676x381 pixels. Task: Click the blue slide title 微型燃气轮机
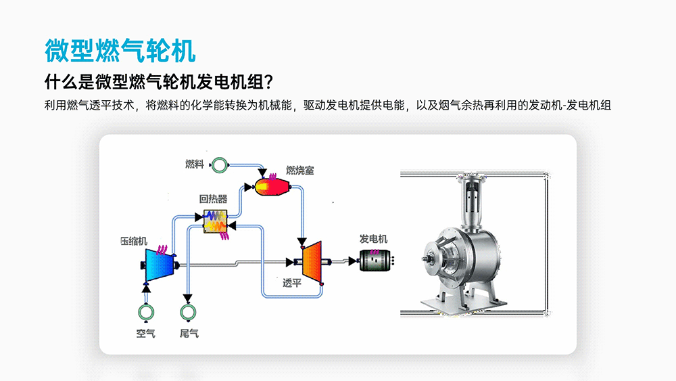(x=120, y=51)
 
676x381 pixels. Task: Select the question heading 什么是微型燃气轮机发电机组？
(x=158, y=82)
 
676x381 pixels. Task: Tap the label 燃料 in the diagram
(x=195, y=164)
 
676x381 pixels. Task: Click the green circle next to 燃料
(x=220, y=164)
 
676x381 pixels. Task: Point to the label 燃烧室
(x=299, y=171)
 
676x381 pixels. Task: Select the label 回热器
(x=213, y=199)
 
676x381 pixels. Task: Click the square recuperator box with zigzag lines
(x=216, y=222)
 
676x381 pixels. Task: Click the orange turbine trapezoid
(x=312, y=261)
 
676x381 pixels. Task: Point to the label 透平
(x=292, y=283)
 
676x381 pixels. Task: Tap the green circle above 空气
(x=145, y=311)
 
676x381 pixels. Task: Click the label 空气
(x=145, y=334)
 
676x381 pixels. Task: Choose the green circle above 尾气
(x=189, y=311)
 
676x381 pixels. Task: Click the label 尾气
(x=189, y=334)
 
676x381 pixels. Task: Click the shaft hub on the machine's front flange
(x=430, y=258)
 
